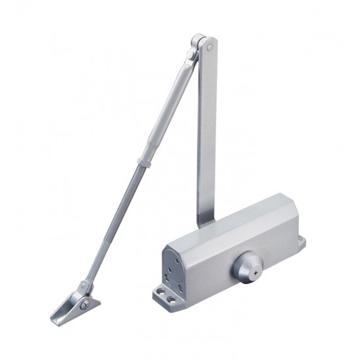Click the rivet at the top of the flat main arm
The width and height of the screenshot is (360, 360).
point(209,47)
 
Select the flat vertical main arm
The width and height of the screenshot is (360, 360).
point(206,131)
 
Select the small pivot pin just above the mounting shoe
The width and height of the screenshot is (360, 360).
point(82,286)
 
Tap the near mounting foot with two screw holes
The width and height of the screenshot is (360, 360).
point(168,296)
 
